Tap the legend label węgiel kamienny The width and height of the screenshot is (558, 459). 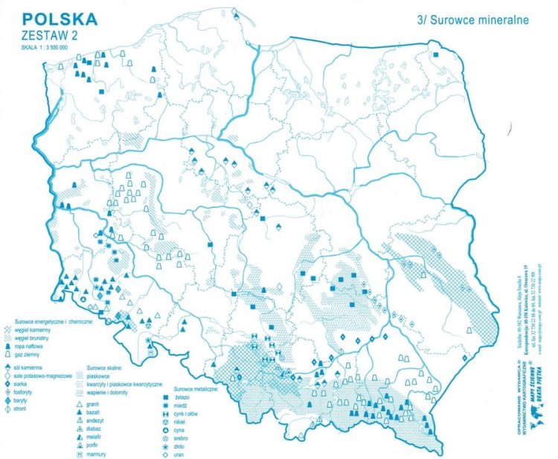(44, 329)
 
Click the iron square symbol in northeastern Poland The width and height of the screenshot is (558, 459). (437, 54)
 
